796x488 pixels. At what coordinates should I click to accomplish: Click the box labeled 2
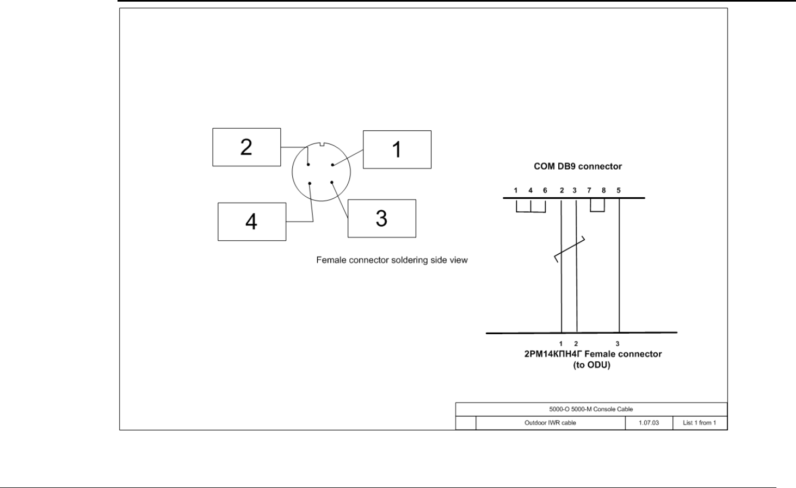246,147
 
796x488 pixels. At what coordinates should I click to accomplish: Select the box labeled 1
397,149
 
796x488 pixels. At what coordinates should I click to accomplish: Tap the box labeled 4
251,222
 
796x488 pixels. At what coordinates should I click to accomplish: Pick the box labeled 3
381,218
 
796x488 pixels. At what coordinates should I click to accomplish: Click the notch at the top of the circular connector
321,145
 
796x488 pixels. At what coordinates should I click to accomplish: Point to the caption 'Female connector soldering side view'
392,260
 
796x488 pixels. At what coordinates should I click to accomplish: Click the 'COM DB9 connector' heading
577,166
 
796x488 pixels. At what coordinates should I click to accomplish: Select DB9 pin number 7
589,191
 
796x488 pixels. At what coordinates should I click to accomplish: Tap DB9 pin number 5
619,191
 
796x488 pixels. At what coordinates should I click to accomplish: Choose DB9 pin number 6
545,191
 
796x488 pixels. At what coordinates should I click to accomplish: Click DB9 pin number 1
516,191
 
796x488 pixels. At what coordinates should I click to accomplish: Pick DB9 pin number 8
604,191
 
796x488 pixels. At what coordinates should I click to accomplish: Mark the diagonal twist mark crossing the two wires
569,249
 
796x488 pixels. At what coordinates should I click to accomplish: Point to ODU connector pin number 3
618,343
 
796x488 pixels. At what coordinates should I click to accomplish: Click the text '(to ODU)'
592,365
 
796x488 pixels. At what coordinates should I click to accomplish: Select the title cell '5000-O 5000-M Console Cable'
591,409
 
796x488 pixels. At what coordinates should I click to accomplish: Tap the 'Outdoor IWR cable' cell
550,423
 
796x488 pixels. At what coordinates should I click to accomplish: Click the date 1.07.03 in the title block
649,423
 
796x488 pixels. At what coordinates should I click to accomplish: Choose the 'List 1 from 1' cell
699,423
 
